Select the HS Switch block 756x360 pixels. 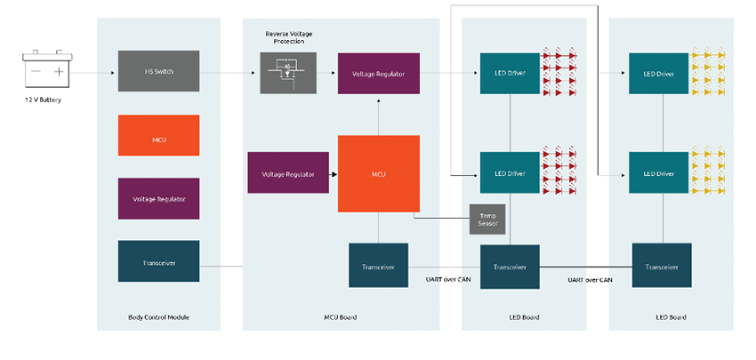pyautogui.click(x=158, y=71)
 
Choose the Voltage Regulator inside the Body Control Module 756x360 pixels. pyautogui.click(x=158, y=198)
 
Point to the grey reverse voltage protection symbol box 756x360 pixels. pyautogui.click(x=287, y=72)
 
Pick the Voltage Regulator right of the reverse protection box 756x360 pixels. pyautogui.click(x=378, y=72)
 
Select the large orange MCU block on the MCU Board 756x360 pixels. pyautogui.click(x=378, y=173)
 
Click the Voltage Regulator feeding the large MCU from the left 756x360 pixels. pyautogui.click(x=287, y=173)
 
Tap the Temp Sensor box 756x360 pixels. pyautogui.click(x=487, y=220)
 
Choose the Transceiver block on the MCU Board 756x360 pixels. pyautogui.click(x=378, y=265)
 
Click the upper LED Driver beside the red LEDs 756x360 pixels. pyautogui.click(x=510, y=72)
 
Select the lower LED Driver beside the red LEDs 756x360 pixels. pyautogui.click(x=510, y=172)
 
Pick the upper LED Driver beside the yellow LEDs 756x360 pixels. pyautogui.click(x=659, y=72)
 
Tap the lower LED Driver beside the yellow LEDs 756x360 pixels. pyautogui.click(x=659, y=172)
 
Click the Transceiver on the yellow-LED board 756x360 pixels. pyautogui.click(x=662, y=266)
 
